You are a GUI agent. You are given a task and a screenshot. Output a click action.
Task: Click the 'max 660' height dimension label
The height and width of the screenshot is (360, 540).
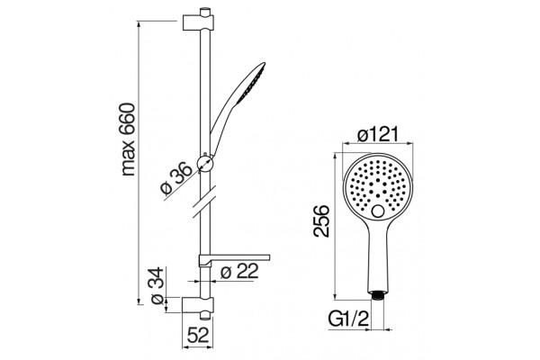(x=129, y=139)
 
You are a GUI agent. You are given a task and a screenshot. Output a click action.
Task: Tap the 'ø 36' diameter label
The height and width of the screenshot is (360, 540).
(x=176, y=178)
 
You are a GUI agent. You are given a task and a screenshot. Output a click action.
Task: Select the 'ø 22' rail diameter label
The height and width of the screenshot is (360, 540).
(x=239, y=272)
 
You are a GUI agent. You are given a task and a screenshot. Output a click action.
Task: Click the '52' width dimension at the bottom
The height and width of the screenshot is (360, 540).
(x=198, y=335)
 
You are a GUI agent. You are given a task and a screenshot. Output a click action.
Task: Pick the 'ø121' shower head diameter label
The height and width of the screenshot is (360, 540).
(x=377, y=134)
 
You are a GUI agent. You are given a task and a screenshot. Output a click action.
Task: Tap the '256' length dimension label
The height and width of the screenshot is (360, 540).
(x=321, y=220)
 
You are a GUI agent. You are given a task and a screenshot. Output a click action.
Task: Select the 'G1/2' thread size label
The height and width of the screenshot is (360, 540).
(x=348, y=320)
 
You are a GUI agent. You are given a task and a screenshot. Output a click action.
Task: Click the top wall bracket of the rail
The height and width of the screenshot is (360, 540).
(x=198, y=22)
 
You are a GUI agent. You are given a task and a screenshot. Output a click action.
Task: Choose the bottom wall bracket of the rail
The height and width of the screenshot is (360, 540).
(x=198, y=305)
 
